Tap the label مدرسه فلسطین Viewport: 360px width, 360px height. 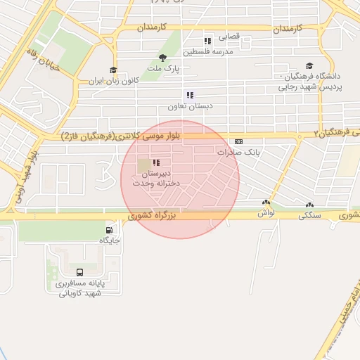[x=208, y=52]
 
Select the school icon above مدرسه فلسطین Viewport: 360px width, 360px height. [x=207, y=41]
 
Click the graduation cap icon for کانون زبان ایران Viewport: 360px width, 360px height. [x=113, y=70]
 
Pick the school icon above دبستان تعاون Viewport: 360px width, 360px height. [x=189, y=95]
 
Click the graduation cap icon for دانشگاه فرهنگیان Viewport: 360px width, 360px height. [x=310, y=65]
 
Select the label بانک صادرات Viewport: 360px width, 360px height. [x=239, y=152]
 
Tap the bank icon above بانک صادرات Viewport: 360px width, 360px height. [x=239, y=141]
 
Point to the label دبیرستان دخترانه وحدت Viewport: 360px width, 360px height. [x=157, y=178]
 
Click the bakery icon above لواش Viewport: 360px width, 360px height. [x=266, y=202]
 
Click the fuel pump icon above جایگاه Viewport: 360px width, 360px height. [x=109, y=229]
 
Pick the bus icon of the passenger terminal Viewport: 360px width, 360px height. [x=79, y=271]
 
